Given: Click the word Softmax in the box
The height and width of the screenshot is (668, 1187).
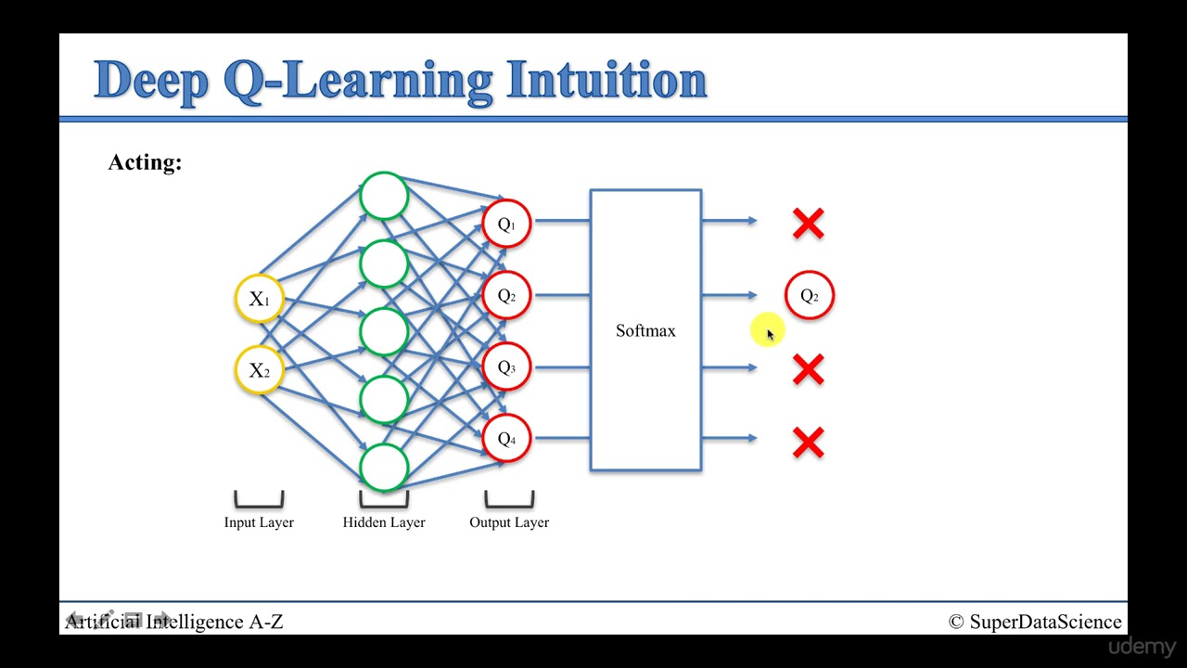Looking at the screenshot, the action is [x=645, y=331].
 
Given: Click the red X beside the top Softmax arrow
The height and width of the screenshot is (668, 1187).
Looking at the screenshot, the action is [x=808, y=224].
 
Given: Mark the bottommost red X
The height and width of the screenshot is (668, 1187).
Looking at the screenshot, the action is [x=808, y=443].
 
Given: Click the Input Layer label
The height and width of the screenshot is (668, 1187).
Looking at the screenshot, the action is [x=259, y=522].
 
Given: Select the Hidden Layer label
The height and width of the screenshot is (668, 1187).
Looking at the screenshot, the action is [x=384, y=522].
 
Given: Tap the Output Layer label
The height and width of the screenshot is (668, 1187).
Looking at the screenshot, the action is [x=509, y=522].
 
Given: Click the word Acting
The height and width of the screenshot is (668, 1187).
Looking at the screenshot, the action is [x=145, y=162].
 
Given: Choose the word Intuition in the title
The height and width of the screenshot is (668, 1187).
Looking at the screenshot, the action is [x=606, y=80].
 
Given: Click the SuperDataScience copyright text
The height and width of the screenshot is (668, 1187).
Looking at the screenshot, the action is [x=1034, y=622].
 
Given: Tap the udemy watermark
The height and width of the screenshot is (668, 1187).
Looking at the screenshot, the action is [x=1142, y=648].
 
